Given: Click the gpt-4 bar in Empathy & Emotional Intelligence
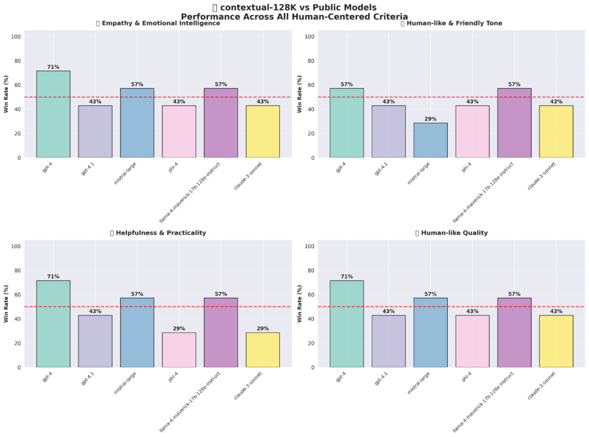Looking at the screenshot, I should (53, 114).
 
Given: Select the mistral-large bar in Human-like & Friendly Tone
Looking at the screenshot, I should (430, 140).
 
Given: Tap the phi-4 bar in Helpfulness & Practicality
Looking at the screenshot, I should (178, 349).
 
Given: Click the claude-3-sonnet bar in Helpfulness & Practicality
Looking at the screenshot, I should (263, 349).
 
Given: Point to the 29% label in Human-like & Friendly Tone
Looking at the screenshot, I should (430, 119).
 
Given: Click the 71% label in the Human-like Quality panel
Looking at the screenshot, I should (346, 277).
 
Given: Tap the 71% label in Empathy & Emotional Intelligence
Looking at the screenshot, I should (53, 67).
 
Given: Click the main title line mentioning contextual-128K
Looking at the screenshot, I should (294, 7).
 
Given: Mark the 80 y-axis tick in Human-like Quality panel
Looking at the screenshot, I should (311, 270).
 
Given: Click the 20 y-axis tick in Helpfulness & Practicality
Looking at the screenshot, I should (18, 343).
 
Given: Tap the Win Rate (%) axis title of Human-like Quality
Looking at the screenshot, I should (300, 304).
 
